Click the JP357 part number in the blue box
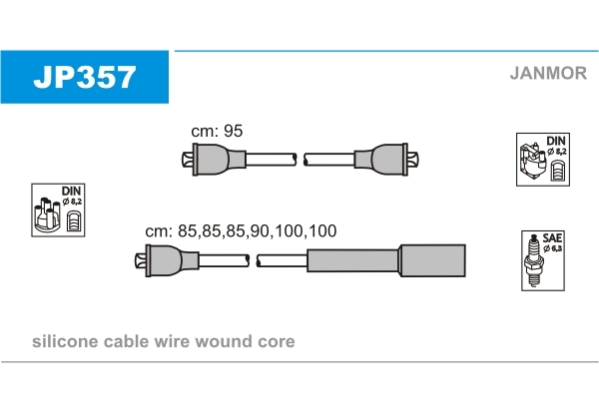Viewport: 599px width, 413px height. point(84,77)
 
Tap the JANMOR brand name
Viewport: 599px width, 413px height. point(547,72)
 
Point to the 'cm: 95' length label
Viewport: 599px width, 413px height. point(217,131)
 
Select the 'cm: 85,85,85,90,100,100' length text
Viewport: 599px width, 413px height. point(241,230)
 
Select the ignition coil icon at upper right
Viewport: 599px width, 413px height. point(534,164)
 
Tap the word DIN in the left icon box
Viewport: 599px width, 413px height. point(71,191)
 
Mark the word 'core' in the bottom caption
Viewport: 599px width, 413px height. point(278,341)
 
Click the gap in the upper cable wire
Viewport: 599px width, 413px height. point(299,159)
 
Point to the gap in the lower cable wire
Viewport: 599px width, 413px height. point(254,261)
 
